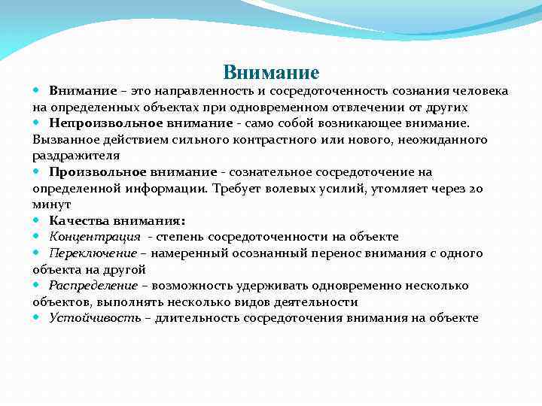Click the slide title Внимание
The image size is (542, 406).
tap(271, 72)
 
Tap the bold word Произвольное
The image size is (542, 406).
tap(94, 171)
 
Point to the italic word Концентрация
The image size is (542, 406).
tap(95, 237)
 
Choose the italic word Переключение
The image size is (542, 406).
tap(93, 253)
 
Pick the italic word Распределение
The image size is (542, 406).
tap(93, 286)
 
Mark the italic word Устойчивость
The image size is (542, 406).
tap(95, 318)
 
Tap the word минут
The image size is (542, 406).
tap(51, 204)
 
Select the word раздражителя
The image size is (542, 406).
tap(76, 155)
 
